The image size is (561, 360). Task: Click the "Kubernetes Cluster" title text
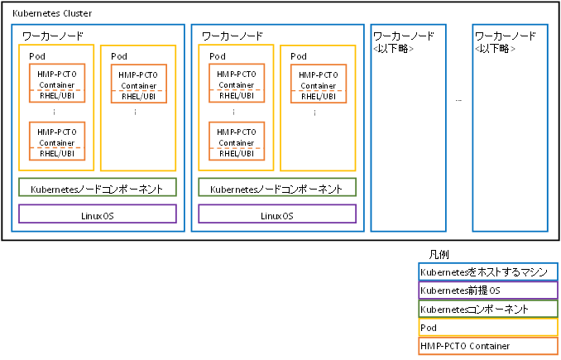52,15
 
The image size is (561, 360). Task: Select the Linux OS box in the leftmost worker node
98,214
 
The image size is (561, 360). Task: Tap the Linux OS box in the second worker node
277,214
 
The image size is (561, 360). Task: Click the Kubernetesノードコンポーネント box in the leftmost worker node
98,188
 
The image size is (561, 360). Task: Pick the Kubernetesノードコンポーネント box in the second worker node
277,188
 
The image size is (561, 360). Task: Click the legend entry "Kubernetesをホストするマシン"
487,272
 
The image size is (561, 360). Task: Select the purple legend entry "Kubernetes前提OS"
487,290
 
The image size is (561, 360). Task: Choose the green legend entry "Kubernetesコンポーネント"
487,309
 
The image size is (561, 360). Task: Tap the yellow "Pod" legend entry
487,328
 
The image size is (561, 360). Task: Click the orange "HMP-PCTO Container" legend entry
487,346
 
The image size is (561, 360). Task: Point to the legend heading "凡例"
439,254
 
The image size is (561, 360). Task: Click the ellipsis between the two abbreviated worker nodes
458,99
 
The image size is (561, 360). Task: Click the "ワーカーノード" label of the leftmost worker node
51,36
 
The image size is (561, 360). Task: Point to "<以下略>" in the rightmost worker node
496,49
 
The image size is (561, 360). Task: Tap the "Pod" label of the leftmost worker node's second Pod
119,56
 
